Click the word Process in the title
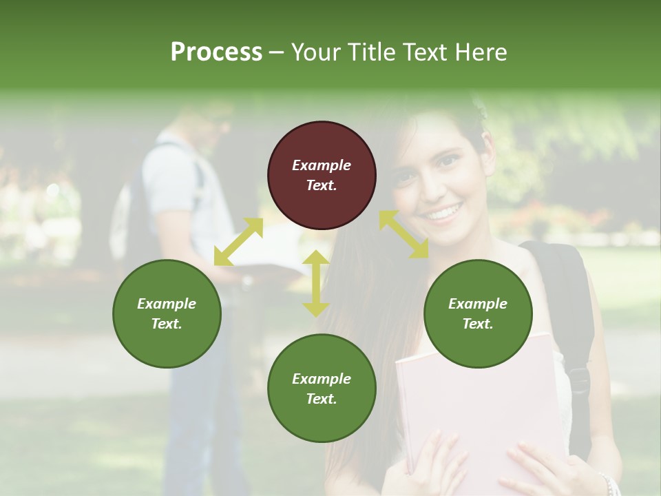click(x=216, y=52)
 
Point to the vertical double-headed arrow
click(x=316, y=283)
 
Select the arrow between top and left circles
click(x=238, y=242)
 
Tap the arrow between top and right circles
click(x=403, y=234)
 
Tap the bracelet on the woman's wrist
click(x=606, y=482)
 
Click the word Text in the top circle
click(x=321, y=185)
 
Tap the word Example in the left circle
click(x=167, y=304)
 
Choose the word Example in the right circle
click(x=478, y=304)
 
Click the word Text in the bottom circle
click(x=321, y=399)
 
